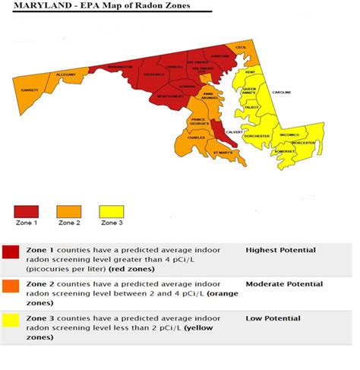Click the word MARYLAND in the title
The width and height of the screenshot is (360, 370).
click(x=35, y=7)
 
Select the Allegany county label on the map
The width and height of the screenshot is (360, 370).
click(x=66, y=75)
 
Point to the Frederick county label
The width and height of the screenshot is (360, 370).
click(x=153, y=74)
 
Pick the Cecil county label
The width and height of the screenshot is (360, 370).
click(x=242, y=47)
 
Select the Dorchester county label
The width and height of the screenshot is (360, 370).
click(x=257, y=136)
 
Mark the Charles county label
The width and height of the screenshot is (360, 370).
click(x=196, y=138)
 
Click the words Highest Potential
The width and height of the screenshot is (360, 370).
click(x=280, y=250)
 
